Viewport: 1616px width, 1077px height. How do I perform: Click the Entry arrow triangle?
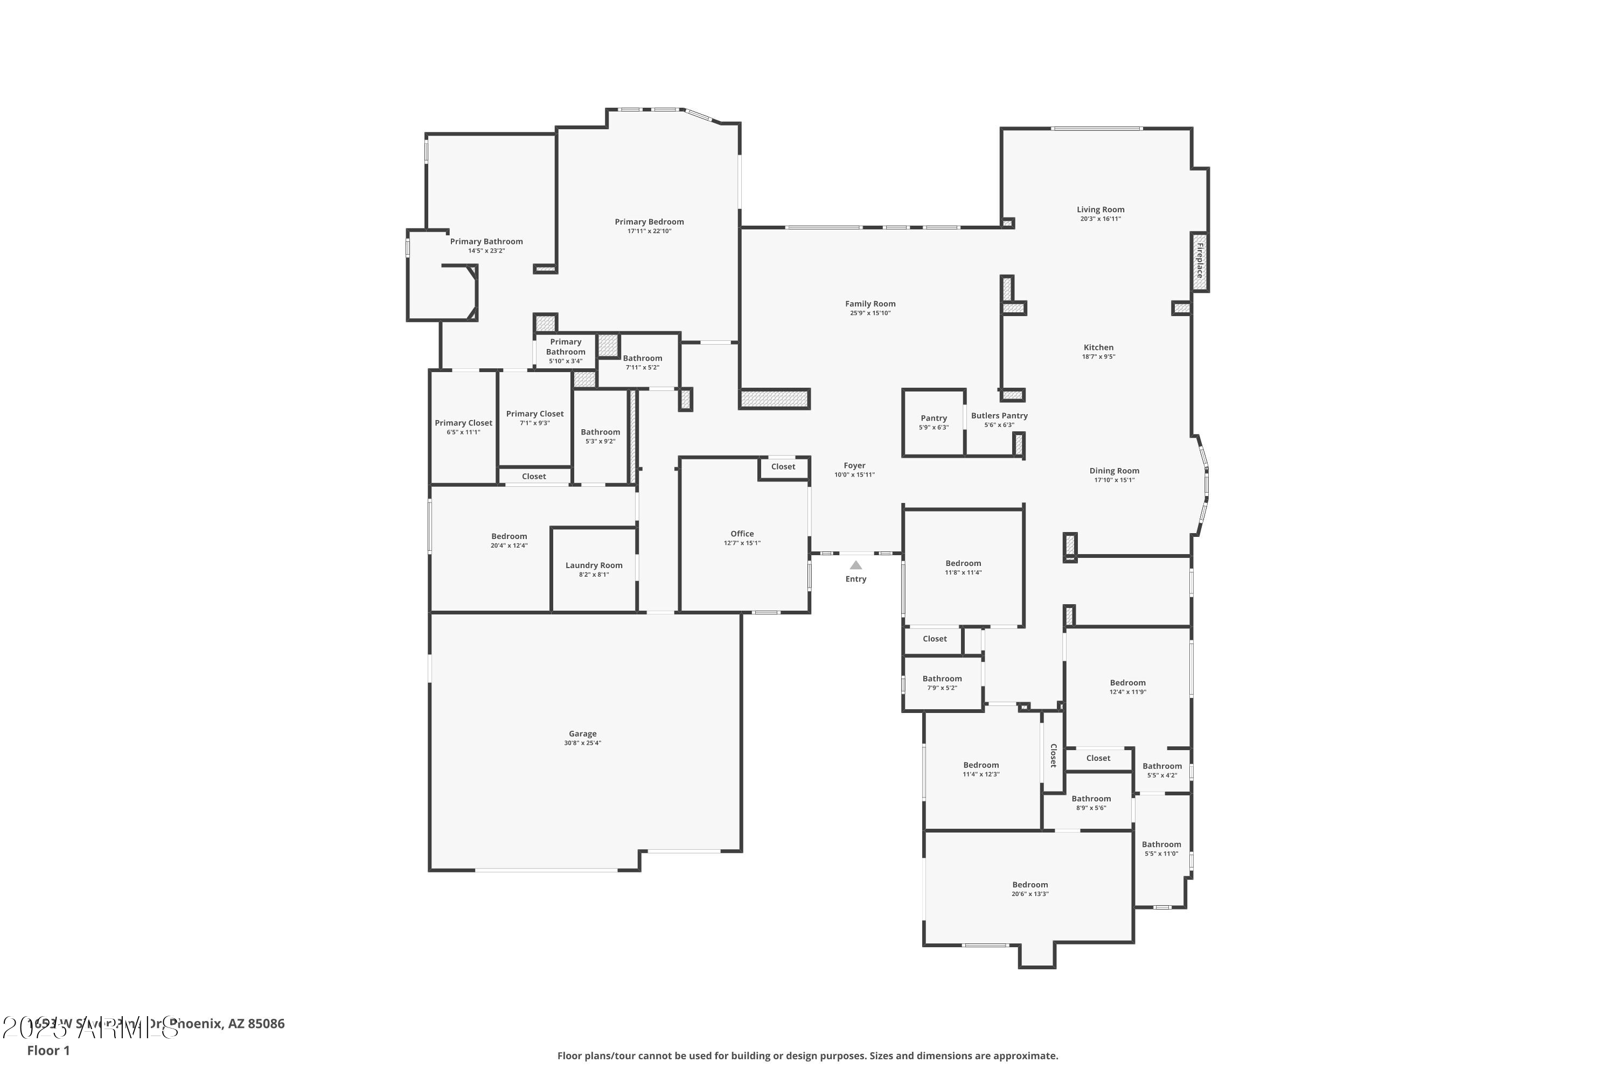pyautogui.click(x=855, y=565)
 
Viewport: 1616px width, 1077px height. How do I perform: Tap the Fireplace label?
pyautogui.click(x=1200, y=261)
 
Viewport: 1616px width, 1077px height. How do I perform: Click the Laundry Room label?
pyautogui.click(x=594, y=565)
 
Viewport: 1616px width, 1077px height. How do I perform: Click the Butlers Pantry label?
pyautogui.click(x=999, y=416)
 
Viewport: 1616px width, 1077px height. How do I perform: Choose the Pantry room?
pyautogui.click(x=933, y=422)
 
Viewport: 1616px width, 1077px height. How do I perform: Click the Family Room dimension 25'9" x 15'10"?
pyautogui.click(x=870, y=313)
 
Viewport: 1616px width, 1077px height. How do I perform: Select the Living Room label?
pyautogui.click(x=1100, y=209)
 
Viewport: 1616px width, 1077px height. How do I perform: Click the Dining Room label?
pyautogui.click(x=1114, y=471)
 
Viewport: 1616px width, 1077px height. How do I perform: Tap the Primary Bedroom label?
pyautogui.click(x=649, y=222)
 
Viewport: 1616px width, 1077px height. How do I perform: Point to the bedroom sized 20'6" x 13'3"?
pyautogui.click(x=1029, y=889)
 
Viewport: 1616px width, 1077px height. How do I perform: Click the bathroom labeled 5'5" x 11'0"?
pyautogui.click(x=1161, y=849)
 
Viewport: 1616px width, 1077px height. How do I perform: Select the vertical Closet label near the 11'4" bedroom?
pyautogui.click(x=1053, y=756)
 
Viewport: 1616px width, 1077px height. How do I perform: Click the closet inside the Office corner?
pyautogui.click(x=783, y=467)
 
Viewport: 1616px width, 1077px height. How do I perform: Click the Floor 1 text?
pyautogui.click(x=48, y=1050)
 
